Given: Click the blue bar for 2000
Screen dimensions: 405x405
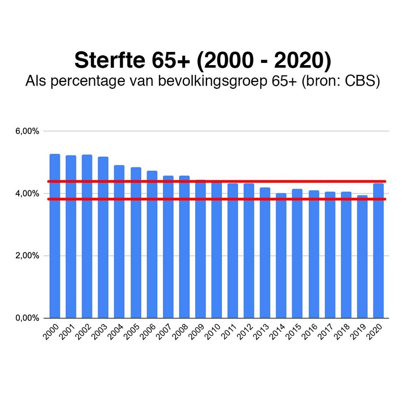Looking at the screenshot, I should coord(55,238).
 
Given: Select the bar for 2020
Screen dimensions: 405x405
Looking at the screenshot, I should coord(378,252).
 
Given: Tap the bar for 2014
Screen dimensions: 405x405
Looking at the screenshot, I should coord(281,256).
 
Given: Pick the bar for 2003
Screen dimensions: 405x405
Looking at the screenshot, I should coord(103,238).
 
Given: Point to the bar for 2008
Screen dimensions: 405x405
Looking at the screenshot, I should coord(184,249).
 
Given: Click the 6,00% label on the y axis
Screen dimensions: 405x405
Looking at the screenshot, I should coord(27,131).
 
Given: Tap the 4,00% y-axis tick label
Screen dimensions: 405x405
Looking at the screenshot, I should coord(27,194).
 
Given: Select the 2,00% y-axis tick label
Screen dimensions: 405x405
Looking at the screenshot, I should coord(27,256).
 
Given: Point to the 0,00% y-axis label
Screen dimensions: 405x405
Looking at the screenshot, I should coord(27,318).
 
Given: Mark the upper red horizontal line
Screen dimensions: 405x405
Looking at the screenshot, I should coord(220,181).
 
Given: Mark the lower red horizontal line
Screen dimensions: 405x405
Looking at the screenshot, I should coord(220,199).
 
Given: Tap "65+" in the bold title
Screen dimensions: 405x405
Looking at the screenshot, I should coord(169,60).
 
